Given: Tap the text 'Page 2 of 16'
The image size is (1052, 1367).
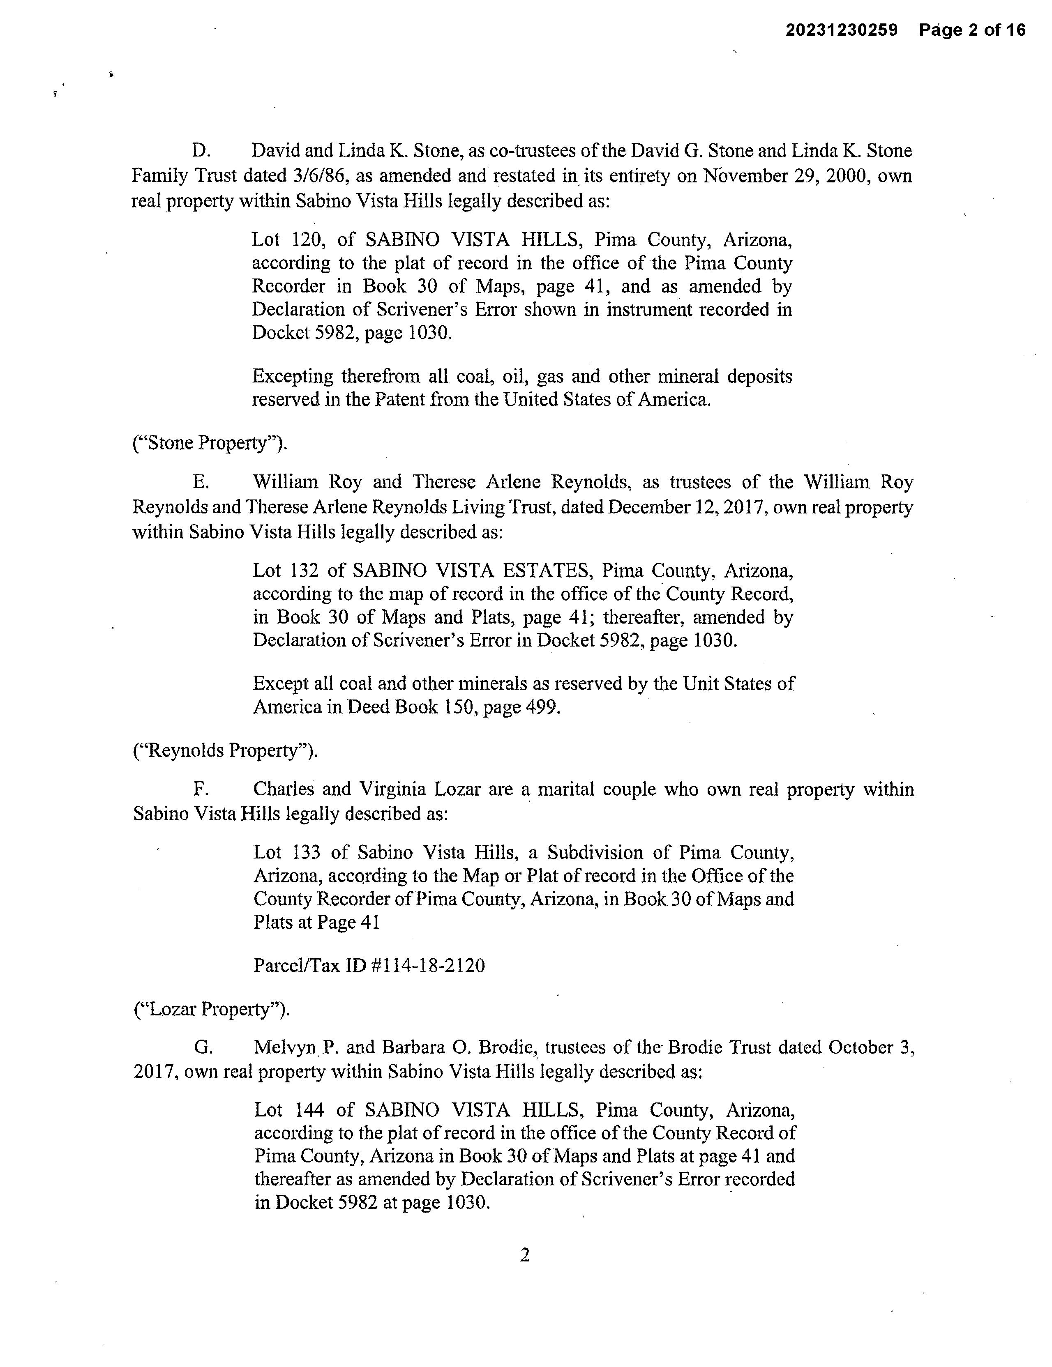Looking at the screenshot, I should click(x=972, y=30).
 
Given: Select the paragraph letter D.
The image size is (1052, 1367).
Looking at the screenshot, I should click(x=200, y=151).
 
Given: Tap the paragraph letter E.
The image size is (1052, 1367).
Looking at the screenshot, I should click(x=200, y=482).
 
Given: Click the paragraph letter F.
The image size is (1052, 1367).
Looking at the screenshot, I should click(x=199, y=789).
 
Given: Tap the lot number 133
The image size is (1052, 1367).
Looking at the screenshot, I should click(x=307, y=852).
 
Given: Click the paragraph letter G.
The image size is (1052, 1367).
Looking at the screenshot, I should click(x=201, y=1048).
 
